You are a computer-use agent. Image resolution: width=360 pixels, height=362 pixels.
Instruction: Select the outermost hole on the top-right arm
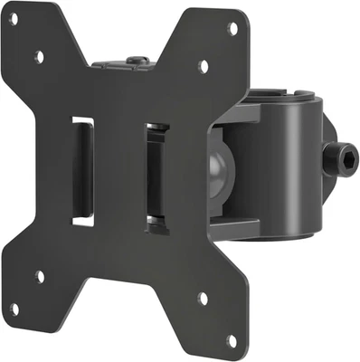click(232, 28)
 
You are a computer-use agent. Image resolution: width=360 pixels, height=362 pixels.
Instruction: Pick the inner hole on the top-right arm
click(203, 66)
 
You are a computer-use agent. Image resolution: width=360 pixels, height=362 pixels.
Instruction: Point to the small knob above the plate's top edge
click(135, 62)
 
